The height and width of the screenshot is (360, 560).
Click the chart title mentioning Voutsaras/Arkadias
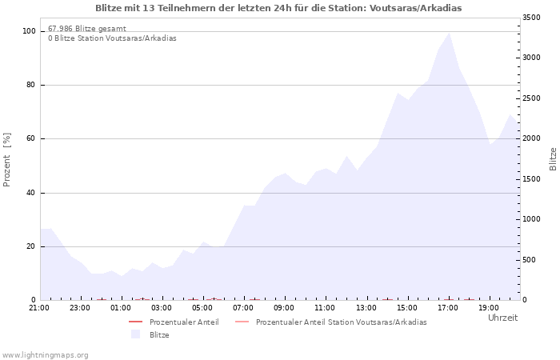pos(278,8)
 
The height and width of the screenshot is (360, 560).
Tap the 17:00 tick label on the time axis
pos(448,308)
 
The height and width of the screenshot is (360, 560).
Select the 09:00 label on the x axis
pos(284,308)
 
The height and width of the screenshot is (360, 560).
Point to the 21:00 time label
pos(39,308)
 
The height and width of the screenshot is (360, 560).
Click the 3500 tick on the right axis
pos(531,18)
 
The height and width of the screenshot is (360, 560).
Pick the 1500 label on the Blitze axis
pos(531,179)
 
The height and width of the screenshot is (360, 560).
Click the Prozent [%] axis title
pos(6,160)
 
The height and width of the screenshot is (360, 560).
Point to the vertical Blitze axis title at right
pos(553,159)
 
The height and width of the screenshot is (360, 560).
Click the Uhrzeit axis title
pos(503,318)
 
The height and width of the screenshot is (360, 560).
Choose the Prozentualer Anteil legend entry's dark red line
pos(135,322)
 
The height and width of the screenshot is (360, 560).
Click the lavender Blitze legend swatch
pos(135,334)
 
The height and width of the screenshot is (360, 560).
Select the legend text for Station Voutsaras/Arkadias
pos(342,322)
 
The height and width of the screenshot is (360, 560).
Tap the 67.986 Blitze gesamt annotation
pos(87,29)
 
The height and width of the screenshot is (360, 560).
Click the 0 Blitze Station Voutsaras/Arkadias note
pos(112,38)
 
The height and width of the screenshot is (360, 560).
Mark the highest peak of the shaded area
pos(449,34)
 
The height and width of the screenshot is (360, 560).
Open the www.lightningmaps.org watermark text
pos(45,355)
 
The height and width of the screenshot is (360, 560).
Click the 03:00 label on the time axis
pos(162,308)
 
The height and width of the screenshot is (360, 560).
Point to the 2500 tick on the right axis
pos(531,98)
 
